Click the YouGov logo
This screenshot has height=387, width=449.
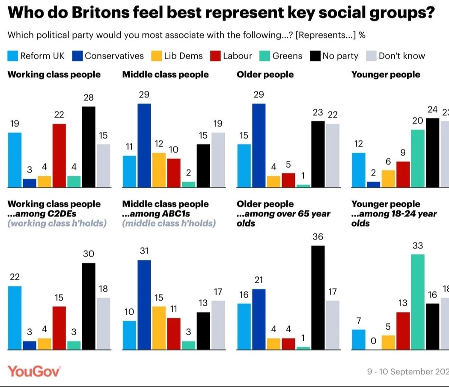[x=34, y=371]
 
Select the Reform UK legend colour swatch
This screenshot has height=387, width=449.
[x=13, y=56]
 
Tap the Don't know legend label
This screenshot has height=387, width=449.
[x=401, y=56]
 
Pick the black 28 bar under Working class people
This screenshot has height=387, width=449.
[x=89, y=147]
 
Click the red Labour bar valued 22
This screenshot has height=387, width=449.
[x=59, y=156]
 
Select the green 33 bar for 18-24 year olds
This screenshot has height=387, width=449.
[x=418, y=302]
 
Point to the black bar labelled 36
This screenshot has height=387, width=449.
[x=318, y=298]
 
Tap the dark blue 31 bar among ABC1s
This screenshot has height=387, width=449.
[x=144, y=304]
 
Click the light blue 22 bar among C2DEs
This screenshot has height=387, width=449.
[x=15, y=318]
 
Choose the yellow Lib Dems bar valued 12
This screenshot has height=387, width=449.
[x=159, y=170]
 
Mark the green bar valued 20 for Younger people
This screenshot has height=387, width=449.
[x=418, y=158]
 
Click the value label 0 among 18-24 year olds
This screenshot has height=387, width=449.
[x=373, y=341]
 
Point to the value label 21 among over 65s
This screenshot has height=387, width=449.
[x=259, y=280]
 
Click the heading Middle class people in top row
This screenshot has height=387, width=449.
[x=166, y=75]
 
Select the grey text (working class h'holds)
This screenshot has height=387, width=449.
[x=57, y=223]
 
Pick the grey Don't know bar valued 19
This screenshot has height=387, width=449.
[x=218, y=160]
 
